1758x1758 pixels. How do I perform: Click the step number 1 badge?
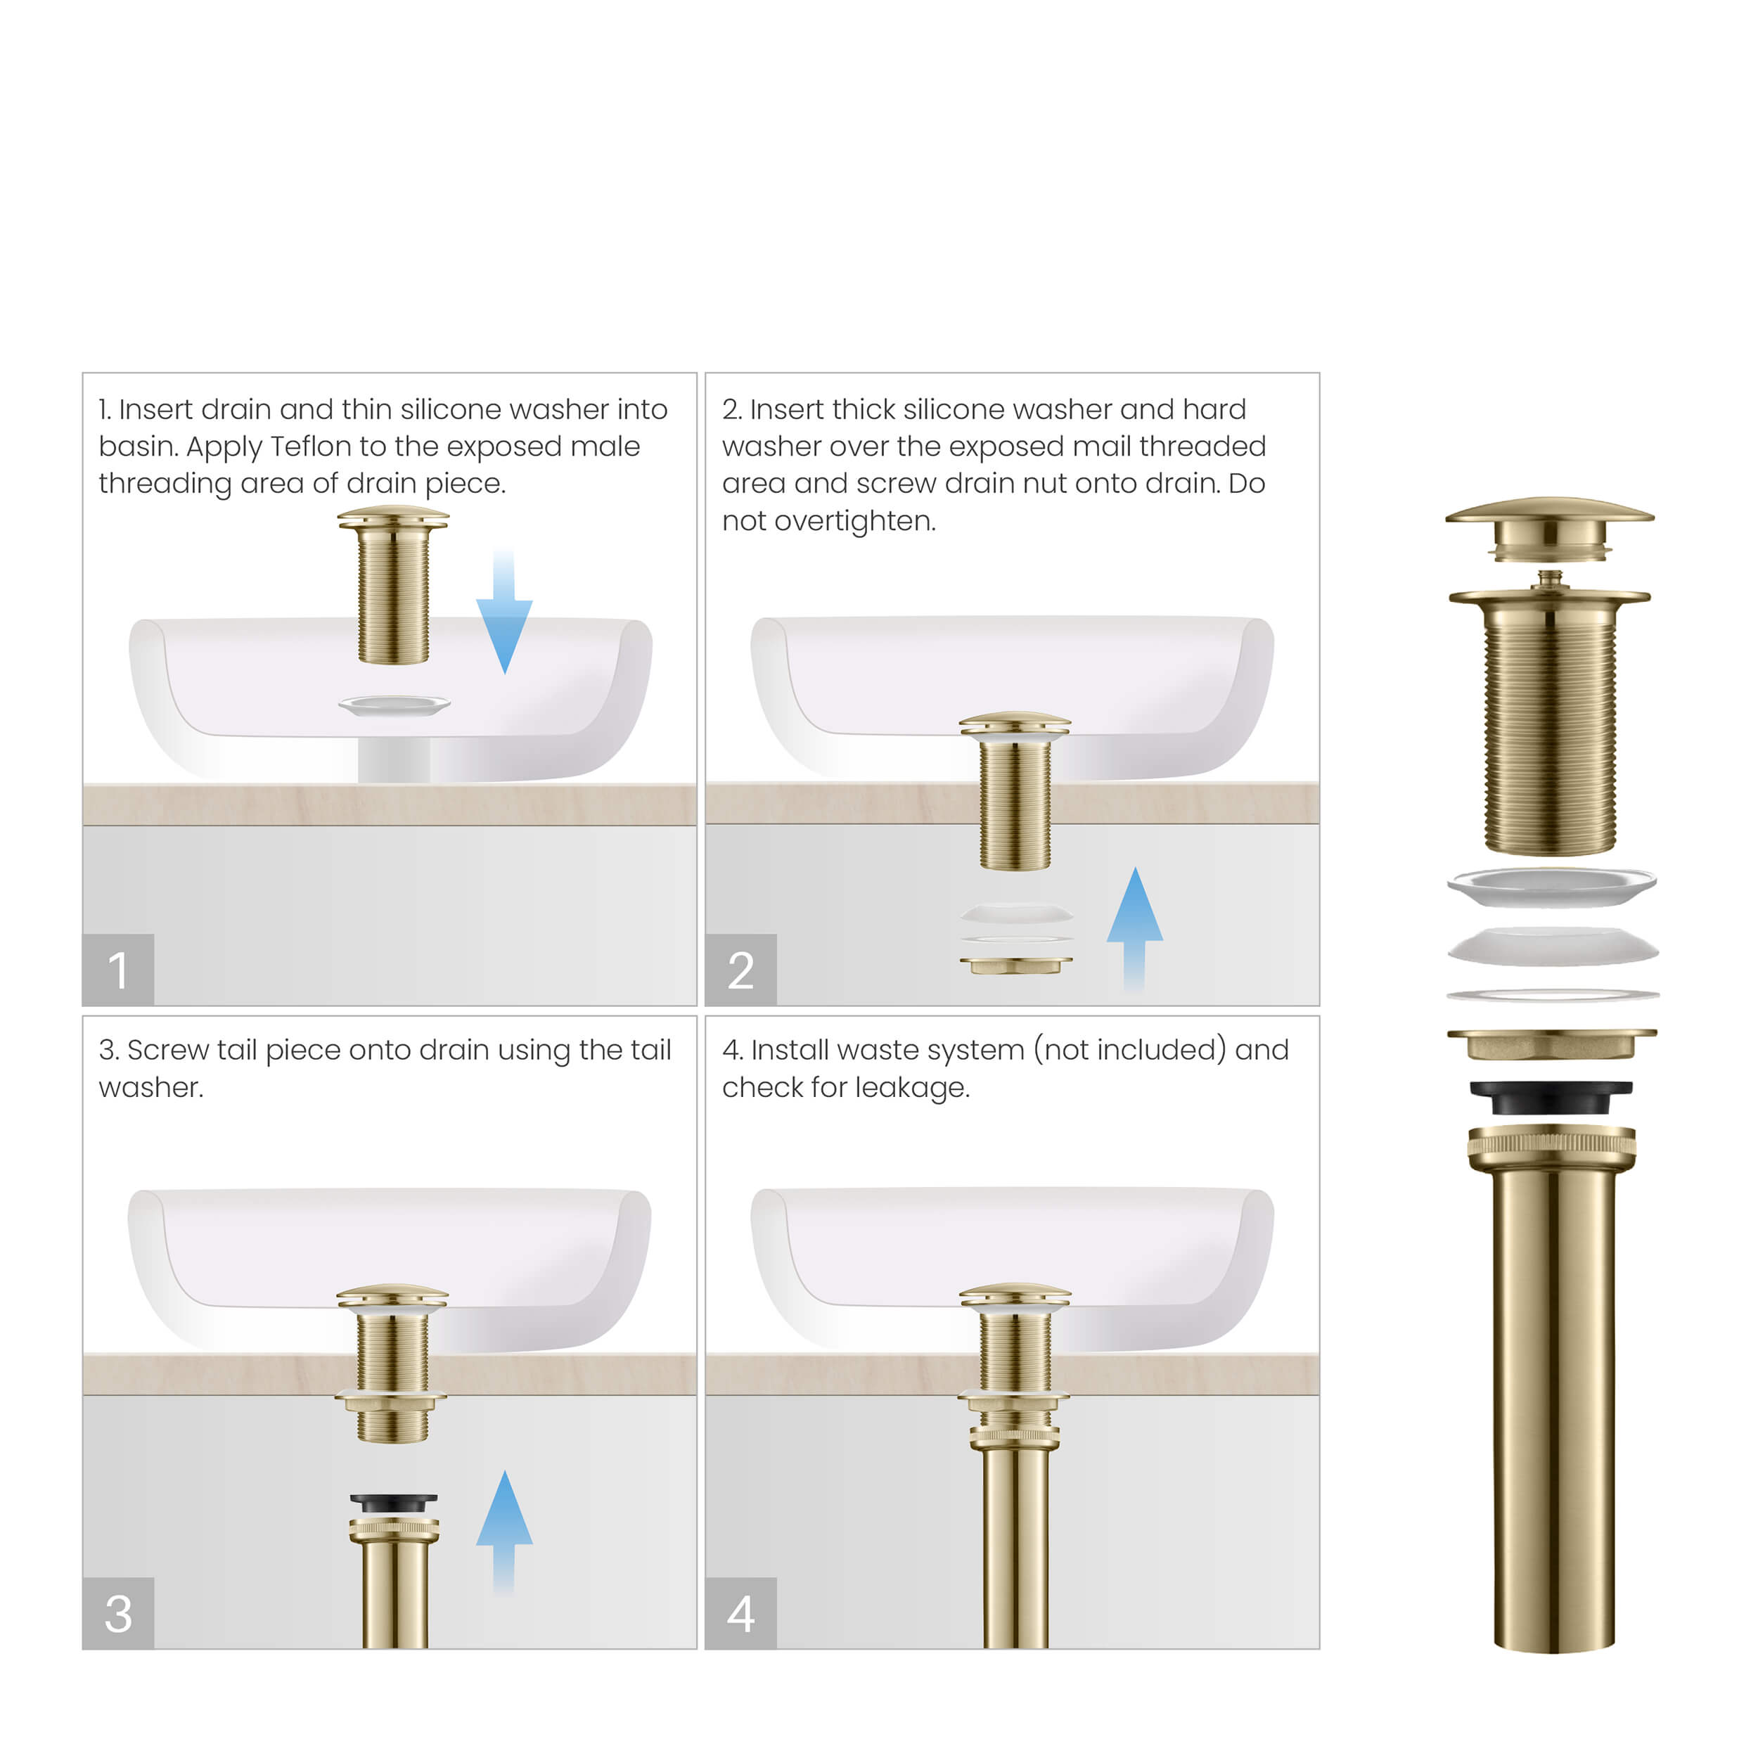pyautogui.click(x=117, y=969)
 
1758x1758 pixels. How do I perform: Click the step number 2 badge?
pyautogui.click(x=740, y=969)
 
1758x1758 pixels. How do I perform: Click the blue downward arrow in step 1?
pyautogui.click(x=504, y=619)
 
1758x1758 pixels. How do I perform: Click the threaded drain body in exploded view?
pyautogui.click(x=1550, y=728)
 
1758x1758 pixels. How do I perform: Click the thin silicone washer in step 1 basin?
pyautogui.click(x=394, y=705)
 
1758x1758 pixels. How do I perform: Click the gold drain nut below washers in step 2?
pyautogui.click(x=1015, y=965)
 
